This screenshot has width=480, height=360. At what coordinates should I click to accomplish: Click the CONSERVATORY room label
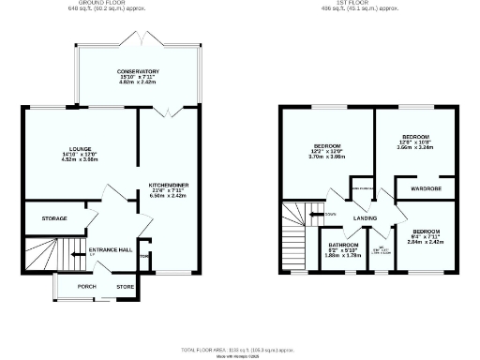(138, 71)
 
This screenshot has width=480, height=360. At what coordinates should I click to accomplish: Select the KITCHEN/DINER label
(169, 186)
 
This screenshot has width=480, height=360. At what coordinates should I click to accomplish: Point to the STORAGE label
(54, 218)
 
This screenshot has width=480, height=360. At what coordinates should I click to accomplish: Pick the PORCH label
(86, 286)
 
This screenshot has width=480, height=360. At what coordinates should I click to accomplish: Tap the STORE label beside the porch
(125, 286)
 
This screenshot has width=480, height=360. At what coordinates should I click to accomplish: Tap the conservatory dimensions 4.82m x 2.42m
(138, 82)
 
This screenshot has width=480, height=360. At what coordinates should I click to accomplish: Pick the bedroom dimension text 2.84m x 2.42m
(427, 241)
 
